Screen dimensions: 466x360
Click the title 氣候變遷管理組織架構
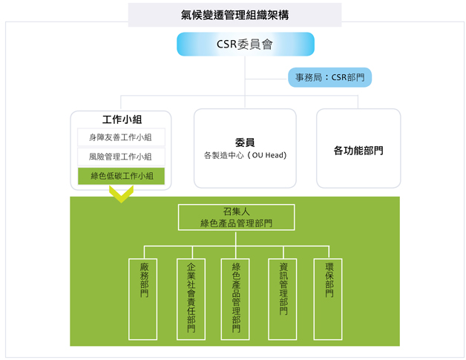click(x=234, y=15)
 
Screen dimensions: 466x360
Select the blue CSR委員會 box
click(x=246, y=44)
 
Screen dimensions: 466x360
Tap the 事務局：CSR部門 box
click(x=330, y=77)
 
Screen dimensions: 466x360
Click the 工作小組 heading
click(x=122, y=120)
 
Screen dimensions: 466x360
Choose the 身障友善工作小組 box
click(x=121, y=137)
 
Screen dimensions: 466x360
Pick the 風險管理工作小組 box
click(x=121, y=157)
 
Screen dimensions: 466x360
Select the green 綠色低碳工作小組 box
click(x=121, y=176)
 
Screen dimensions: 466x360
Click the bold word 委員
click(x=245, y=143)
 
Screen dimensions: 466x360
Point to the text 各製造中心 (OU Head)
click(x=245, y=155)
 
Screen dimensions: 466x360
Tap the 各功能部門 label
click(x=358, y=151)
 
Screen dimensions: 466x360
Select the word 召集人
click(x=236, y=212)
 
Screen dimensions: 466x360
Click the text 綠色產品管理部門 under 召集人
click(x=236, y=223)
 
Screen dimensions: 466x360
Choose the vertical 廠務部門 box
click(x=143, y=299)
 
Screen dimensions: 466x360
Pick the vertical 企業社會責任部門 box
click(x=191, y=299)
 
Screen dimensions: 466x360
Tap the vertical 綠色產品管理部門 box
click(x=235, y=299)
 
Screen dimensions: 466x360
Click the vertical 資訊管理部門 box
click(x=283, y=299)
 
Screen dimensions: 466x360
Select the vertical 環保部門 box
click(x=328, y=299)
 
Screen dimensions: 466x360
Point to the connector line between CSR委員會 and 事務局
click(x=266, y=79)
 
